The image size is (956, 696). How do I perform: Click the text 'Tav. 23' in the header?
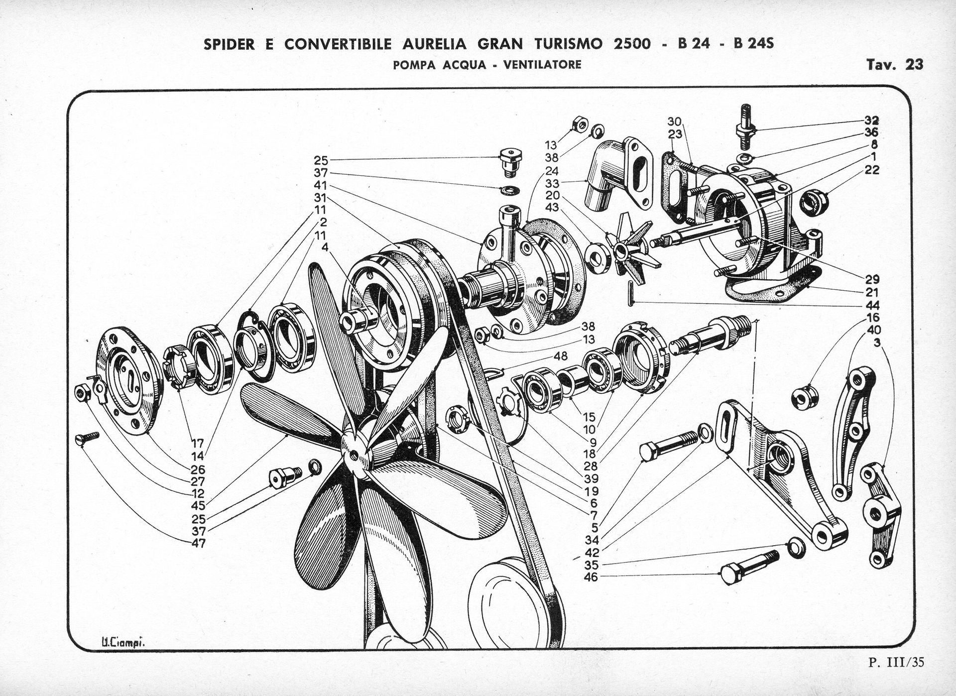tap(895, 65)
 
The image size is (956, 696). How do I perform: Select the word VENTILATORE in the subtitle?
tap(542, 65)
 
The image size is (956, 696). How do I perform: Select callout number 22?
tap(872, 170)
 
